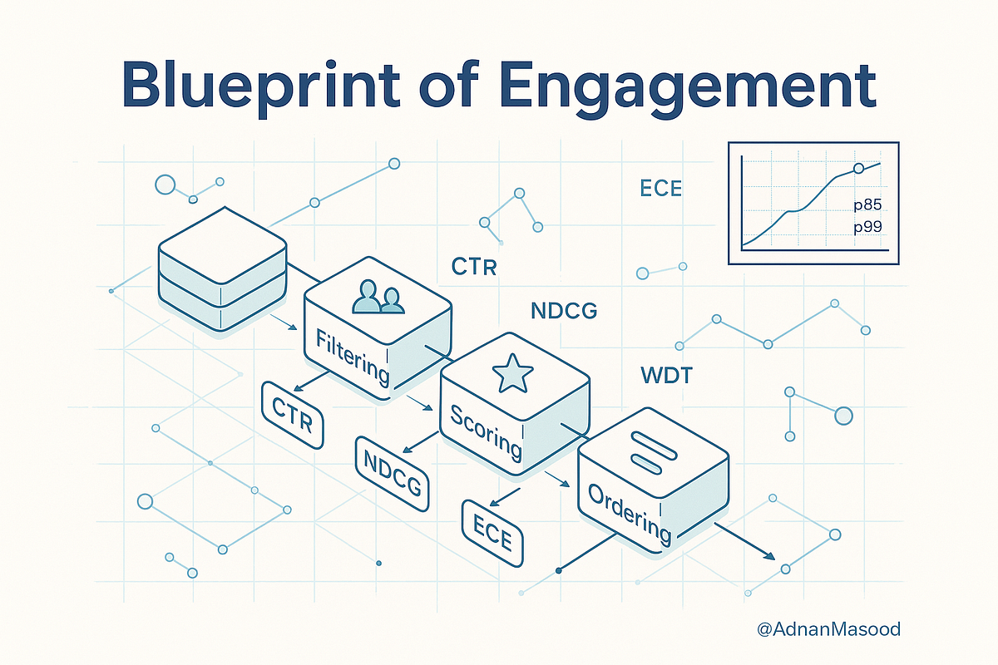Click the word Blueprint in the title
[260, 86]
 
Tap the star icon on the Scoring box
[512, 373]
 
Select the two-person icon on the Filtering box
[378, 297]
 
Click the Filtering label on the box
[353, 358]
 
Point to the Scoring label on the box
[486, 432]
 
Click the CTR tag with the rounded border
[292, 415]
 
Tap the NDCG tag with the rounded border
[392, 473]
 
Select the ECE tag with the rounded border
[492, 533]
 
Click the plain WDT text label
[666, 376]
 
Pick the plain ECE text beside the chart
[660, 189]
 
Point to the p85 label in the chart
[867, 204]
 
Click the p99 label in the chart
[867, 227]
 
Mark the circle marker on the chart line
[858, 169]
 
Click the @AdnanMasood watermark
[828, 629]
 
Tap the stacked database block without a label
[222, 269]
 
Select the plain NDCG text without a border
[564, 311]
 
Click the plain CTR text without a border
[473, 268]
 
